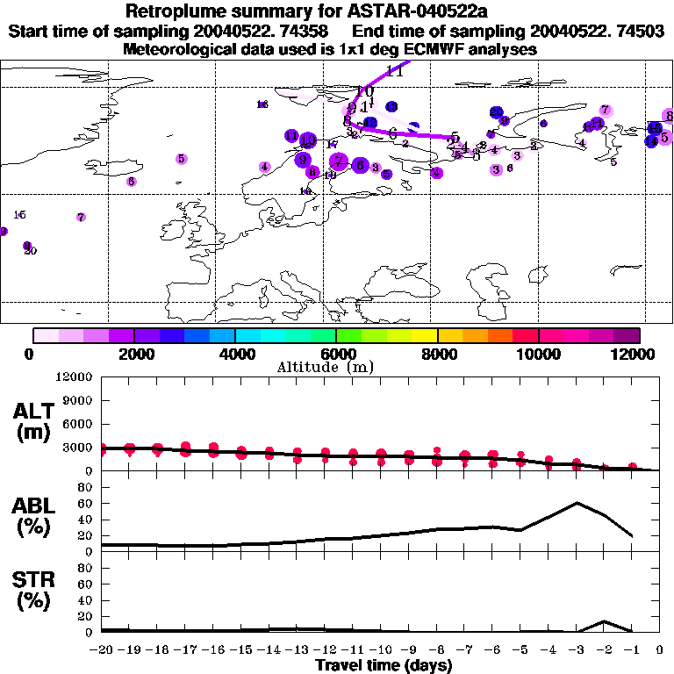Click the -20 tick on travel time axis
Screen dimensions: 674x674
click(x=103, y=650)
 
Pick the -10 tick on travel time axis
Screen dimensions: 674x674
click(x=381, y=650)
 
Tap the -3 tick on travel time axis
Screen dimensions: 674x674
click(x=577, y=650)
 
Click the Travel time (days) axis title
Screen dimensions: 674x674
click(x=384, y=666)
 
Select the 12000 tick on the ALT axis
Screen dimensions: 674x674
click(x=75, y=377)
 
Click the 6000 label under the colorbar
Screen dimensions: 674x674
click(x=336, y=354)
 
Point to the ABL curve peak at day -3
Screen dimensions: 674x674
click(x=577, y=503)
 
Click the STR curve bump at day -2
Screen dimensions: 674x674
click(x=604, y=621)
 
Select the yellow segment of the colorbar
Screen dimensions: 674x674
click(x=425, y=335)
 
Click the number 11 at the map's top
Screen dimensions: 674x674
click(x=394, y=72)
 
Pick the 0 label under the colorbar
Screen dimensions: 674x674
click(x=30, y=354)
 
